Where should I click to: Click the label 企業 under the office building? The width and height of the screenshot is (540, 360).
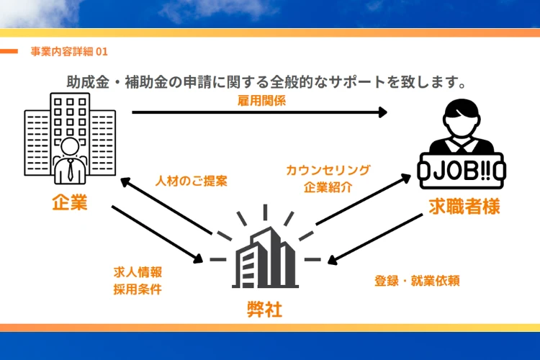pyautogui.click(x=69, y=203)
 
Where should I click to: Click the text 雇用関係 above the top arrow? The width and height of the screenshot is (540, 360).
pyautogui.click(x=261, y=101)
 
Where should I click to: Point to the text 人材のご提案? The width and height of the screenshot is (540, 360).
pyautogui.click(x=192, y=181)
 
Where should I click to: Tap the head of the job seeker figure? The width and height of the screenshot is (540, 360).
pyautogui.click(x=459, y=114)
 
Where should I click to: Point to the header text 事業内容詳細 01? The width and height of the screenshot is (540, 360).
pyautogui.click(x=69, y=52)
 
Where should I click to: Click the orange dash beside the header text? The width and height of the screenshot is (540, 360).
pyautogui.click(x=9, y=51)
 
